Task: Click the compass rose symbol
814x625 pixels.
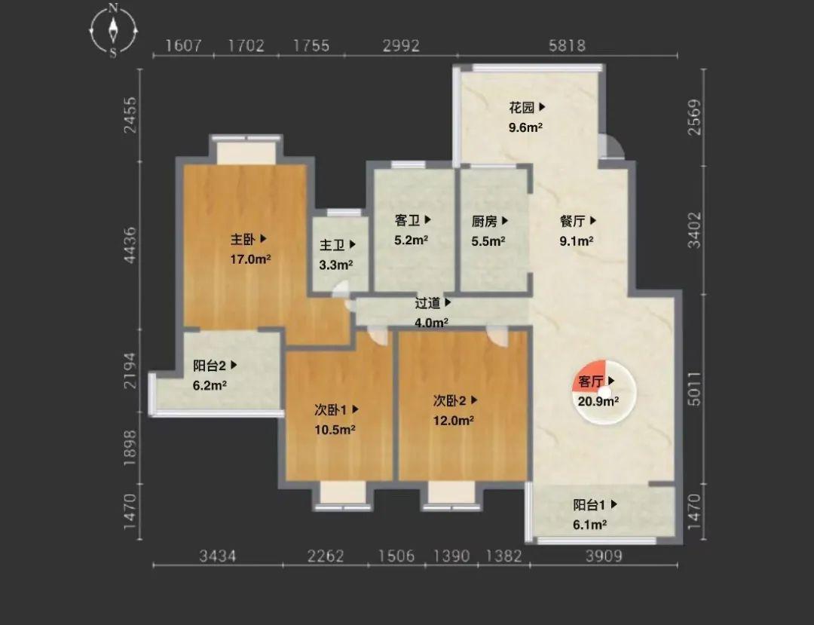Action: [x=113, y=29]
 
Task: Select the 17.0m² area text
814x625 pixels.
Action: [x=250, y=259]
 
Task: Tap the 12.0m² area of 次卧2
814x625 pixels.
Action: [x=453, y=421]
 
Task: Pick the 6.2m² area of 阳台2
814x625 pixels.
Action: [x=210, y=385]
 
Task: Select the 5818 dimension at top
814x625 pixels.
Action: [x=567, y=46]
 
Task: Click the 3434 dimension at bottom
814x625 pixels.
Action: [x=218, y=556]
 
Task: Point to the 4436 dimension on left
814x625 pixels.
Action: [x=131, y=244]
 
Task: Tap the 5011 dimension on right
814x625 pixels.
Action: [x=694, y=389]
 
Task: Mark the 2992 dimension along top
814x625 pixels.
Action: [x=401, y=46]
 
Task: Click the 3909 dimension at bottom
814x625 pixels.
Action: [x=604, y=556]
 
